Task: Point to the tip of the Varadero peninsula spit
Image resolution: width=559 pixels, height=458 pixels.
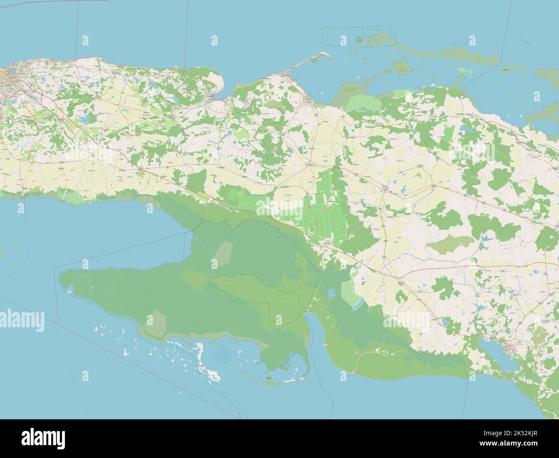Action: [x=326, y=55]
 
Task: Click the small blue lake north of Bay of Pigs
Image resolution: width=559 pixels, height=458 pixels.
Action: [x=331, y=293]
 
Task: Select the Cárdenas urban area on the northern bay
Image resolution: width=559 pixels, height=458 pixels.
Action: [x=309, y=100]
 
